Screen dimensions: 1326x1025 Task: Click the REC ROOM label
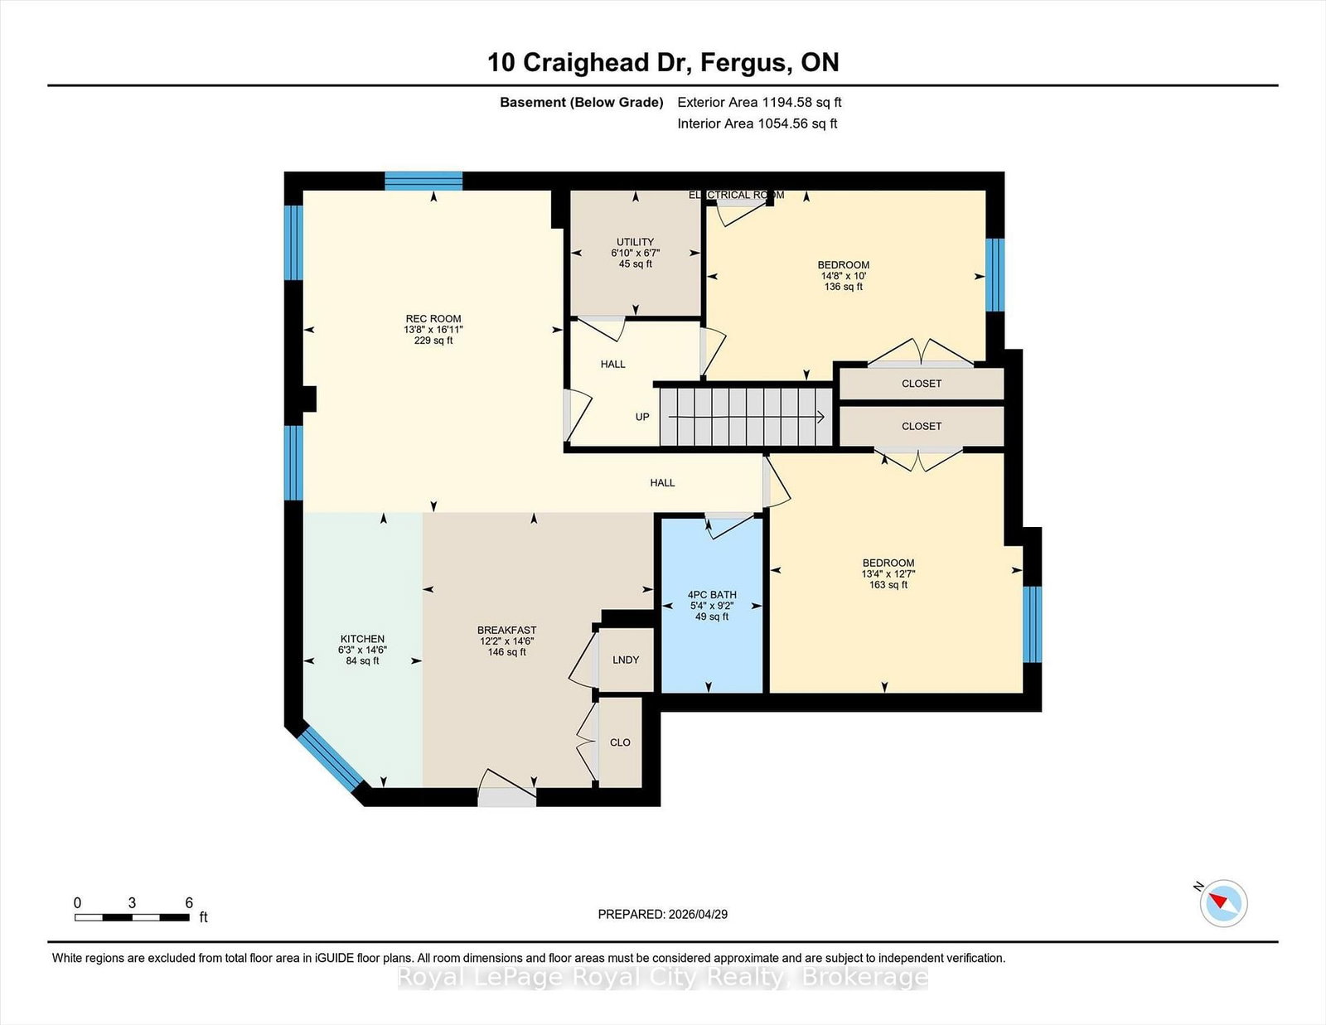[x=433, y=318]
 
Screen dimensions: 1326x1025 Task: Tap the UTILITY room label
[x=635, y=242]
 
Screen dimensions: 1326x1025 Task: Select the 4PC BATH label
[x=712, y=595]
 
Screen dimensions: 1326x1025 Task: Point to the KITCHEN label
[x=362, y=639]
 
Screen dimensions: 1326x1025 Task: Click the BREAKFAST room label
[x=506, y=631]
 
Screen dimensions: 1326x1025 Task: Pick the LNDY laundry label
[x=626, y=660]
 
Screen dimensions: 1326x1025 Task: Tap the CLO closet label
[x=620, y=742]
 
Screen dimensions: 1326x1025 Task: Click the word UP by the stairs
[x=642, y=418]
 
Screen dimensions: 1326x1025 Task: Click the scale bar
[x=132, y=917]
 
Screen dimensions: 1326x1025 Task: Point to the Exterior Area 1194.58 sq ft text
[x=759, y=103]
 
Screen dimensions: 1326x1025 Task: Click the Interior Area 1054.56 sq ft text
[x=757, y=123]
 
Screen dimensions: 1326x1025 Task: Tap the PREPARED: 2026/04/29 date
[x=663, y=915]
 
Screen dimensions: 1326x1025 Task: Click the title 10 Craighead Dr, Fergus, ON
[x=663, y=62]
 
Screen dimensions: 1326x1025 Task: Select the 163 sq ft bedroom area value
[x=888, y=585]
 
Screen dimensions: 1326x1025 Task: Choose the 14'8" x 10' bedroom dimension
[x=844, y=276]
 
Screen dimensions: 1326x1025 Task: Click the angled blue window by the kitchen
[x=330, y=760]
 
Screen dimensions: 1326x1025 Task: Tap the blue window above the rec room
[x=423, y=181]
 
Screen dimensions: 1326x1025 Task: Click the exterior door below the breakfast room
[x=506, y=796]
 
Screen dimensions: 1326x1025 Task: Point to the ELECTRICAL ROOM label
[x=736, y=196]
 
